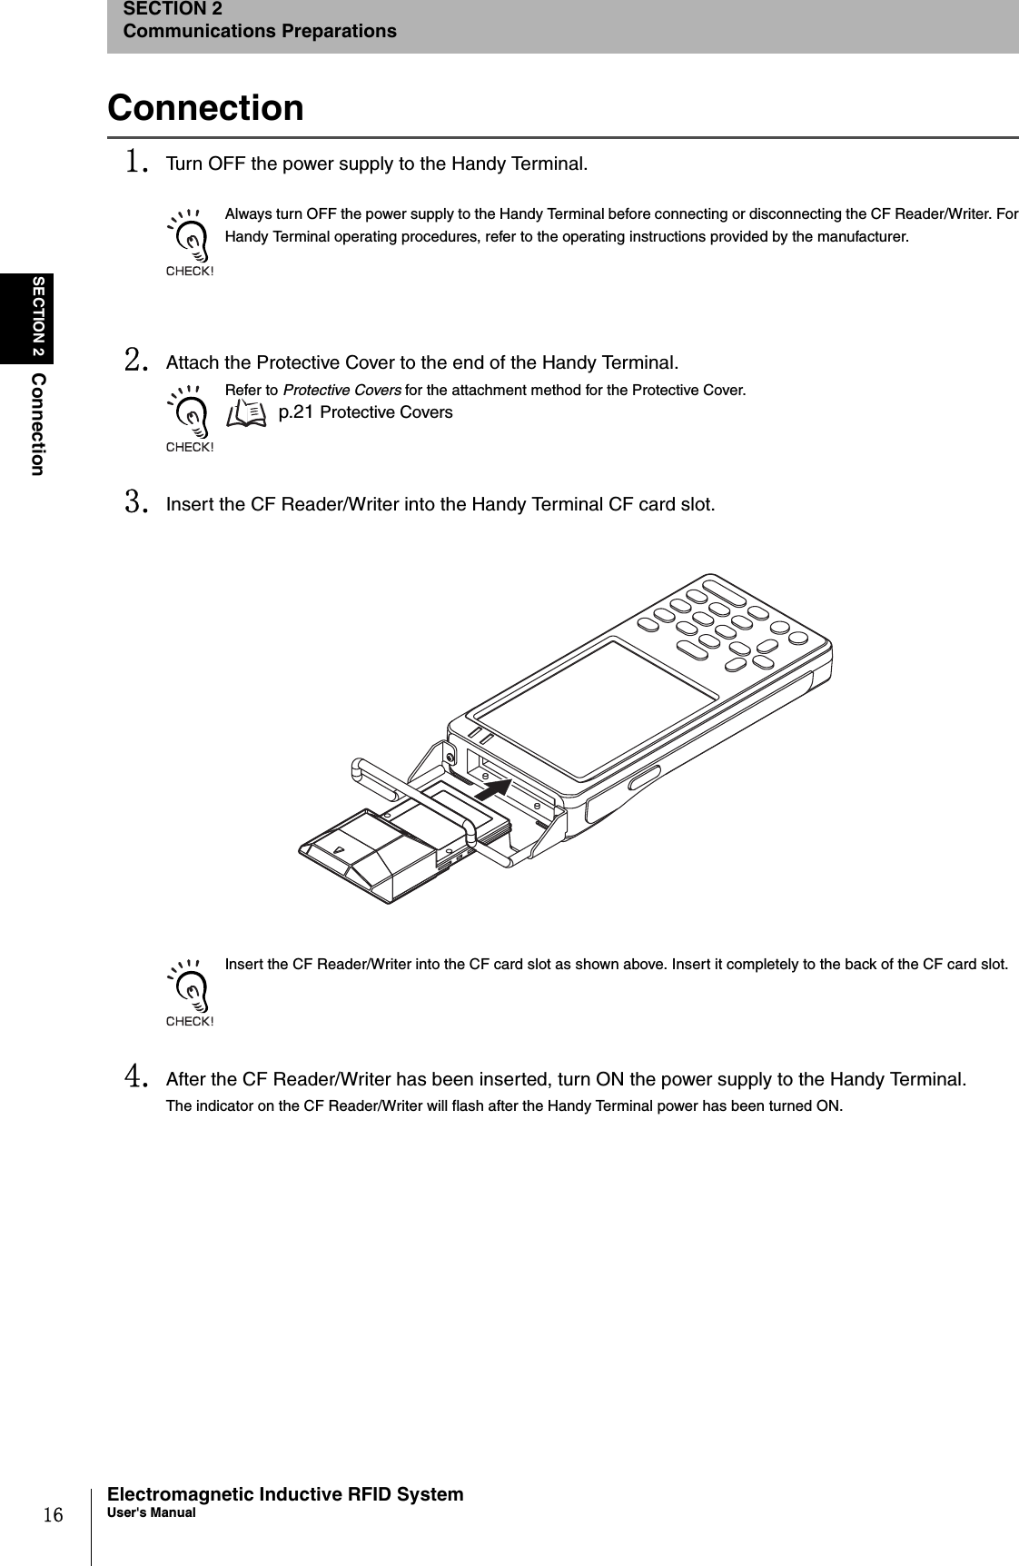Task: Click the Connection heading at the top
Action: tap(206, 107)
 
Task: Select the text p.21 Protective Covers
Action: tap(365, 413)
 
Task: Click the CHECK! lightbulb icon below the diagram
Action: tap(190, 993)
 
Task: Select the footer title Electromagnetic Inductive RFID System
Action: tap(285, 1494)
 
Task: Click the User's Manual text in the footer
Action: tap(151, 1512)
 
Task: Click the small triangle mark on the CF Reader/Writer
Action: tap(339, 851)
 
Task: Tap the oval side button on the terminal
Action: tap(644, 778)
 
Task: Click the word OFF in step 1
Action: tap(227, 164)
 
